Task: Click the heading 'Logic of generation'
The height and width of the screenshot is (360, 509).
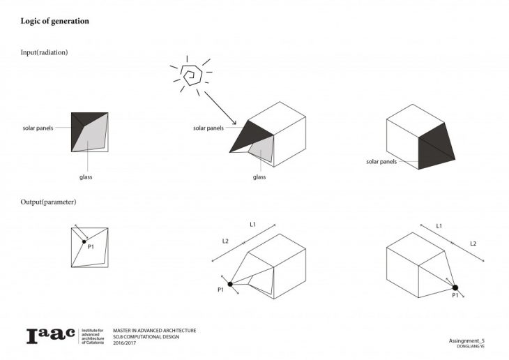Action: pyautogui.click(x=54, y=21)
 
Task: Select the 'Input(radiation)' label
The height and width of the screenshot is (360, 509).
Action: pyautogui.click(x=44, y=53)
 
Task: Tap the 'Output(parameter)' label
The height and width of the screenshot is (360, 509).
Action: pyautogui.click(x=49, y=202)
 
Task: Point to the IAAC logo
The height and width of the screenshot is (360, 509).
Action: pyautogui.click(x=50, y=336)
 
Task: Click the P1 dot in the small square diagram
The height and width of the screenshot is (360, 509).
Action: pyautogui.click(x=84, y=241)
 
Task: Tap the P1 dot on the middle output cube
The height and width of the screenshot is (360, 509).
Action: pyautogui.click(x=230, y=284)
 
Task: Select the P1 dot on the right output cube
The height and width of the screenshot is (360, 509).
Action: pyautogui.click(x=455, y=287)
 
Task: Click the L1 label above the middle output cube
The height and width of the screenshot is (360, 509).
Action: pyautogui.click(x=252, y=225)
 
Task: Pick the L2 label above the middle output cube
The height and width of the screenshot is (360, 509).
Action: pyautogui.click(x=225, y=241)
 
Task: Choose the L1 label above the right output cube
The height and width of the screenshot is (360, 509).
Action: pyautogui.click(x=439, y=226)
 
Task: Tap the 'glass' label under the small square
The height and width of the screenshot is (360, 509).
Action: pyautogui.click(x=86, y=177)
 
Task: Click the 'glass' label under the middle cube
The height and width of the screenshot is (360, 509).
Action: pyautogui.click(x=259, y=177)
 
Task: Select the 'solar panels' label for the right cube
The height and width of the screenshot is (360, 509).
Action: pyautogui.click(x=381, y=162)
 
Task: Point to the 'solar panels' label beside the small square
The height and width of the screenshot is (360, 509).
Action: pyautogui.click(x=38, y=128)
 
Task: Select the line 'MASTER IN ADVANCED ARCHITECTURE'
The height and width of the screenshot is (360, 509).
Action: pyautogui.click(x=154, y=330)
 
